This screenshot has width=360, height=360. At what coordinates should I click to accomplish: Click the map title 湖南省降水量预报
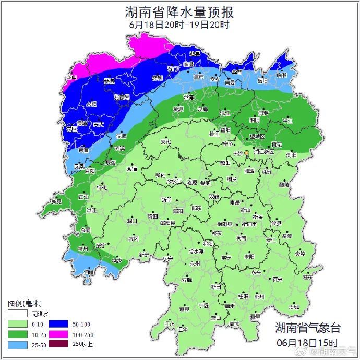pos(179,11)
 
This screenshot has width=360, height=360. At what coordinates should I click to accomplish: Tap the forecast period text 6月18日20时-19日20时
pos(179,25)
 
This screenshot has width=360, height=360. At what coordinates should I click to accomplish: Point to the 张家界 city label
pos(122,98)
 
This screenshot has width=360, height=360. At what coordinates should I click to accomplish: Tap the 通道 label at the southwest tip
pos(89,272)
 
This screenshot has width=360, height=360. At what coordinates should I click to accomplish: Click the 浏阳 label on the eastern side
pos(291,155)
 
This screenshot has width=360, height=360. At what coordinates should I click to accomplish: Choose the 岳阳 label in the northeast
pos(262,81)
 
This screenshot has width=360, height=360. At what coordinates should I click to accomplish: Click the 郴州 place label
pos(259,296)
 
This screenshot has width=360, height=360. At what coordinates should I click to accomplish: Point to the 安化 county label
pos(165,141)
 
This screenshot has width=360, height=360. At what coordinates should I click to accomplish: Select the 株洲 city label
pos(267,172)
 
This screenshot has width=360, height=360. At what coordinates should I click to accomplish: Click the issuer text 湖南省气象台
pos(308,328)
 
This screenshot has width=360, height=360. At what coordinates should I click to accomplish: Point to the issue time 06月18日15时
pos(308,343)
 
